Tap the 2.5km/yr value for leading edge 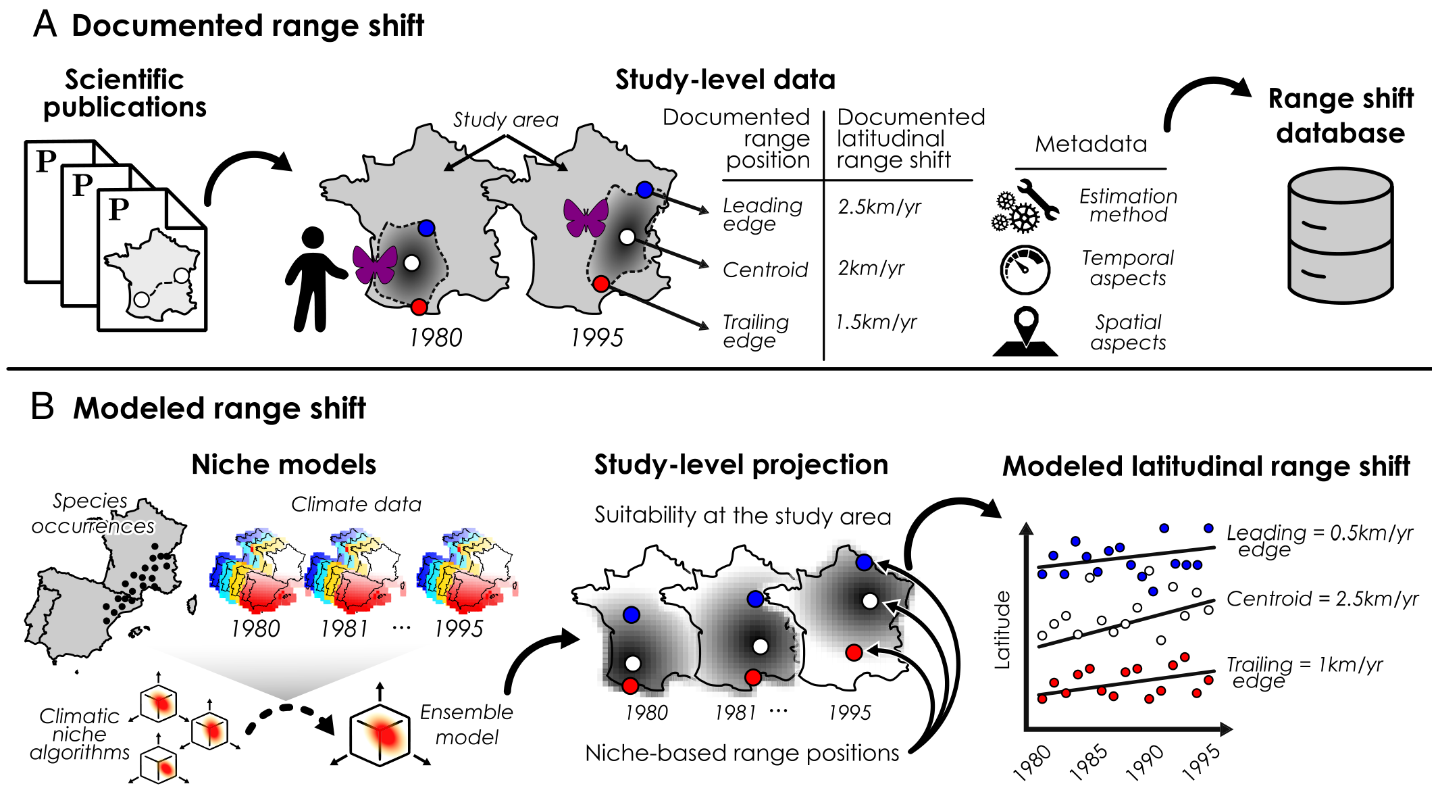(879, 207)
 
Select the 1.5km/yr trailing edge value (876, 322)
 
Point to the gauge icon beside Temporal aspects (1025, 270)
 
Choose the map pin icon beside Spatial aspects (1025, 331)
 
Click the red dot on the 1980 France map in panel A (419, 307)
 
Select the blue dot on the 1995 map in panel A (644, 190)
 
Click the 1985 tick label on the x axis (1089, 762)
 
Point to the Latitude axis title (1003, 630)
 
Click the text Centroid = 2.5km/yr (1322, 599)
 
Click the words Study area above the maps (505, 120)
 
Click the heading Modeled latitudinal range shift (1206, 466)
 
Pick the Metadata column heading (1091, 144)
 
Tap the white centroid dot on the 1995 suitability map (870, 600)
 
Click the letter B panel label (43, 407)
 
